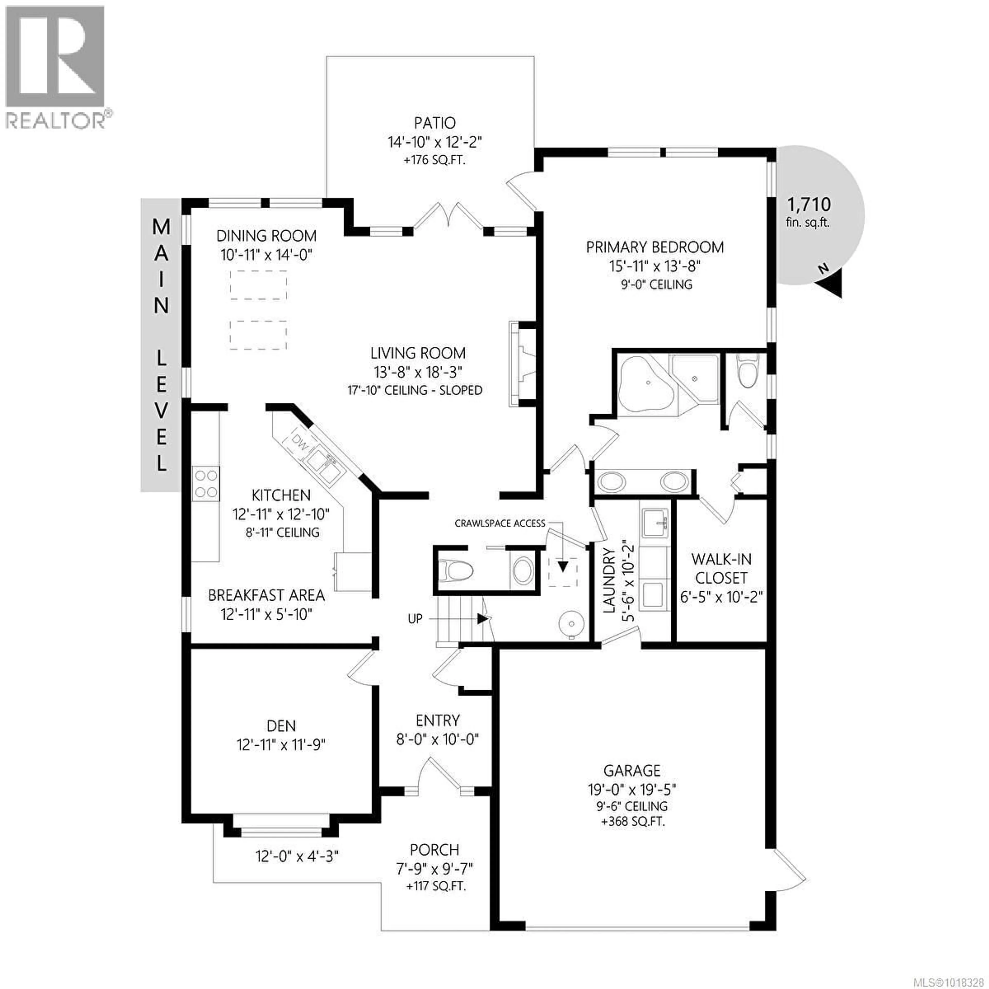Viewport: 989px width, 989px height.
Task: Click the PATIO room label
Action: tap(434, 123)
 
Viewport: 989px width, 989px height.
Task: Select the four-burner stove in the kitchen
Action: tap(206, 484)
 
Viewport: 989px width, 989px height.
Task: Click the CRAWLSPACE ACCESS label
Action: tap(500, 523)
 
